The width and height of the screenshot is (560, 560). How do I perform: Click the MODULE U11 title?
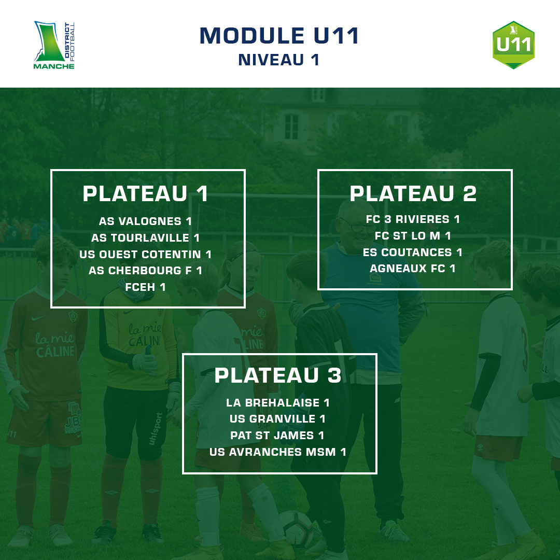click(x=279, y=36)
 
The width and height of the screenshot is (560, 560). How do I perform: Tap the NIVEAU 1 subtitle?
click(x=279, y=60)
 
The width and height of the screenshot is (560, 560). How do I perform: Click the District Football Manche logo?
click(x=54, y=45)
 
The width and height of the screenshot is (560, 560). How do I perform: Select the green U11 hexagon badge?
click(x=513, y=45)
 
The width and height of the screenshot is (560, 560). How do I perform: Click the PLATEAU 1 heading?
click(x=146, y=194)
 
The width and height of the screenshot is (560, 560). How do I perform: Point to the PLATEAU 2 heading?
click(x=413, y=194)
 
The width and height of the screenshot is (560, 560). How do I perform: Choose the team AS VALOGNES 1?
click(x=146, y=221)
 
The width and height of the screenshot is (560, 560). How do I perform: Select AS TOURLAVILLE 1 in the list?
click(x=146, y=238)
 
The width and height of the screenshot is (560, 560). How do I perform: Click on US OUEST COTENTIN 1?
click(x=146, y=255)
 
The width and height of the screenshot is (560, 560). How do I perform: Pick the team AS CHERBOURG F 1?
click(x=146, y=271)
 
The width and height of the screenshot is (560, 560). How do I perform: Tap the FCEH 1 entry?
click(x=146, y=287)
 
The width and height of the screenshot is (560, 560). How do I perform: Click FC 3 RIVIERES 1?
click(x=413, y=219)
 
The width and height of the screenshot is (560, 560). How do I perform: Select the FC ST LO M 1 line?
click(x=413, y=236)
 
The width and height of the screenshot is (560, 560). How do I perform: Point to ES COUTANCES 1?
click(x=413, y=253)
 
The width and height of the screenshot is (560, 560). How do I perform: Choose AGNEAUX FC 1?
click(x=413, y=269)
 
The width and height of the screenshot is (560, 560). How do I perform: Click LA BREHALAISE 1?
click(x=278, y=402)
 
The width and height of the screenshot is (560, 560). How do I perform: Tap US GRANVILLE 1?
click(x=278, y=419)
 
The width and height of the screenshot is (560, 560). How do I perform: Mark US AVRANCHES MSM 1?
click(x=278, y=452)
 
